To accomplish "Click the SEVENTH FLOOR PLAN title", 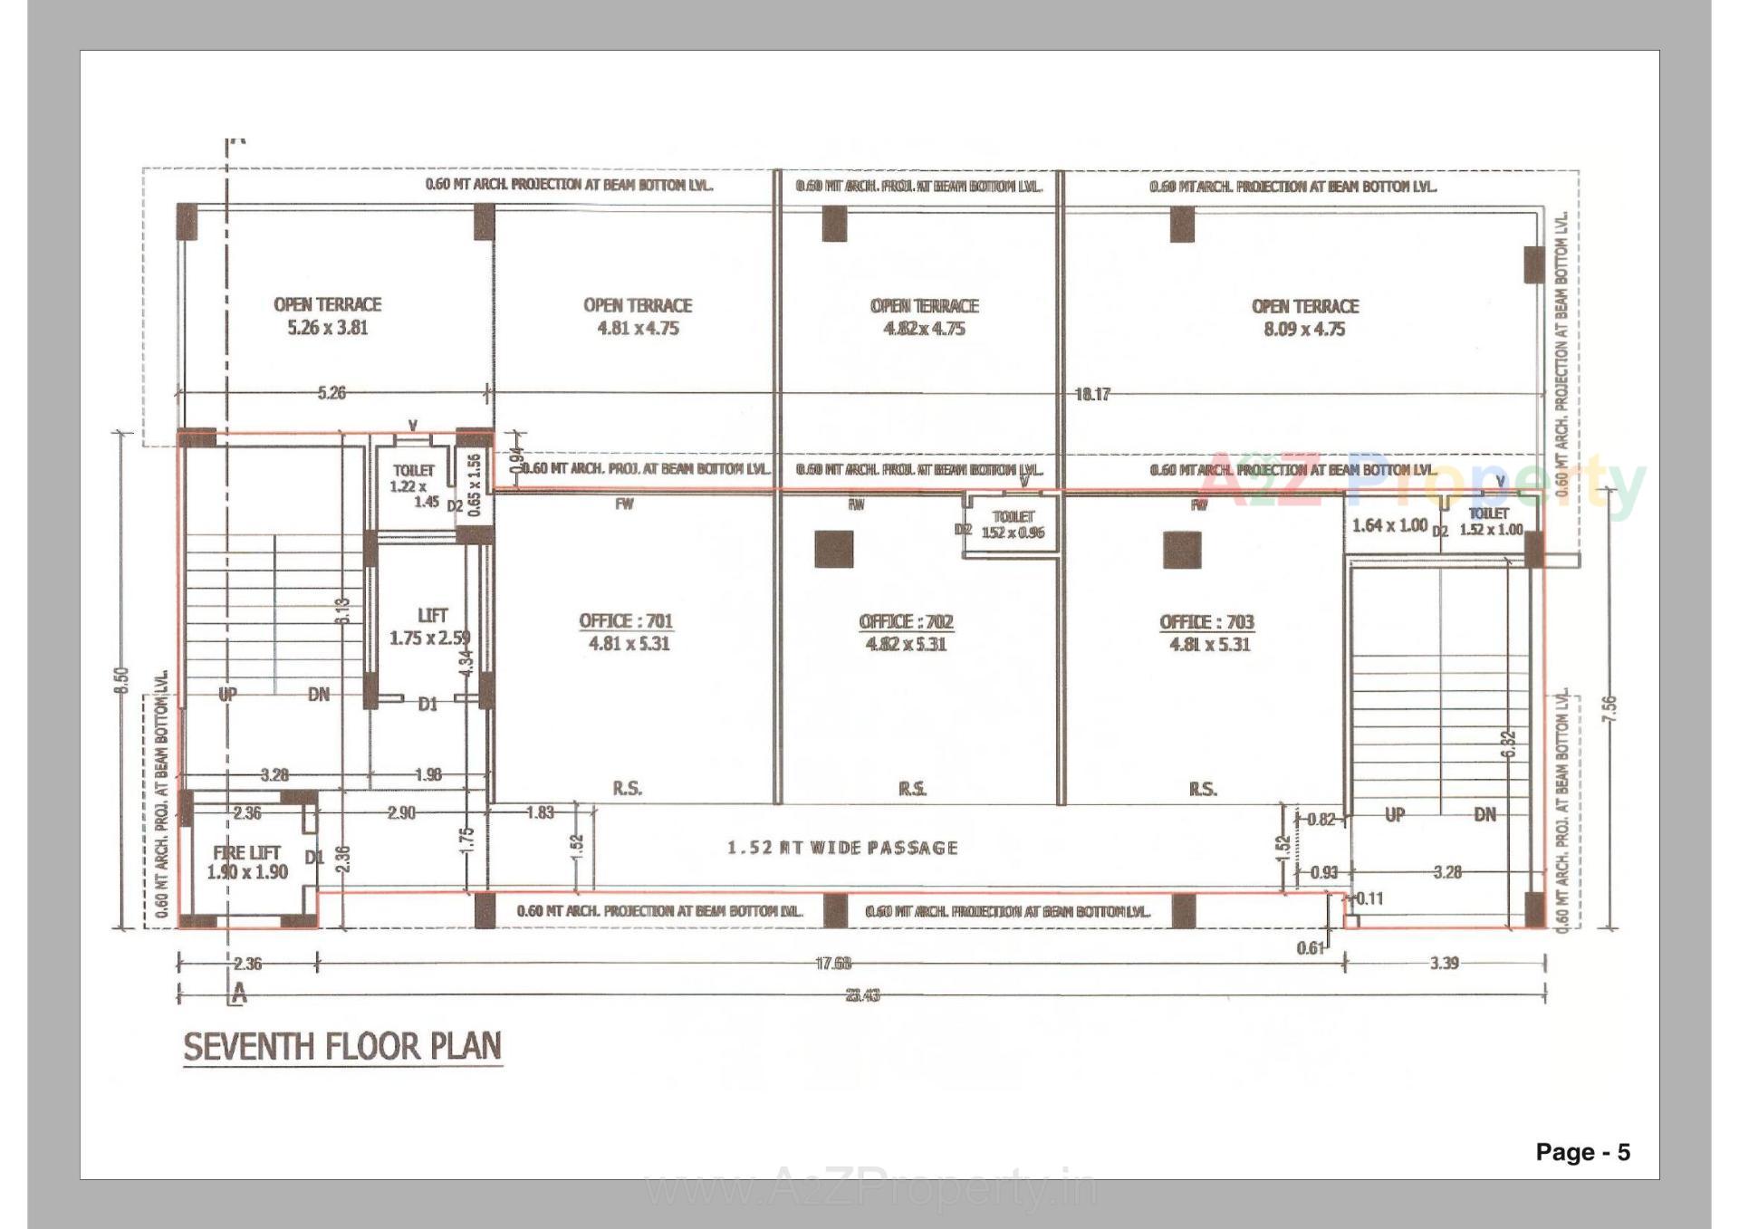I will (342, 1047).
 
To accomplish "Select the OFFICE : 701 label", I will (627, 631).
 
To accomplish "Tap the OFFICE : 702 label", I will (906, 632).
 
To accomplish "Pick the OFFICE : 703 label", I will (1207, 632).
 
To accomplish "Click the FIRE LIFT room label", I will (246, 862).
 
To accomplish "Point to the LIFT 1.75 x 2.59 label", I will (430, 627).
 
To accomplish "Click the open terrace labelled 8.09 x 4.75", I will (1304, 317).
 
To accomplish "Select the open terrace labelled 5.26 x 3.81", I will (328, 315).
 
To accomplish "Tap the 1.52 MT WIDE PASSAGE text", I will (842, 848).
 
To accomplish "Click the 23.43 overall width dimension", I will (862, 995).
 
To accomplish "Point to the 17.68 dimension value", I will (833, 964).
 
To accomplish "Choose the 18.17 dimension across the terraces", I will (1092, 394).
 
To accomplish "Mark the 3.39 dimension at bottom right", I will (1444, 963).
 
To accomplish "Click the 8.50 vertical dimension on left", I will (122, 680).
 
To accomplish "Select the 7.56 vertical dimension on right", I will (1609, 708).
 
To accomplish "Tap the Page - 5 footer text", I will (1582, 1152).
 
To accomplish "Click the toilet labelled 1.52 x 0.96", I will (1013, 524).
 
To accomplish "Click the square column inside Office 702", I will (833, 550).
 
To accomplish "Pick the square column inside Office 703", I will (1182, 550).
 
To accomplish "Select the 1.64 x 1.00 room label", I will (1389, 525).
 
